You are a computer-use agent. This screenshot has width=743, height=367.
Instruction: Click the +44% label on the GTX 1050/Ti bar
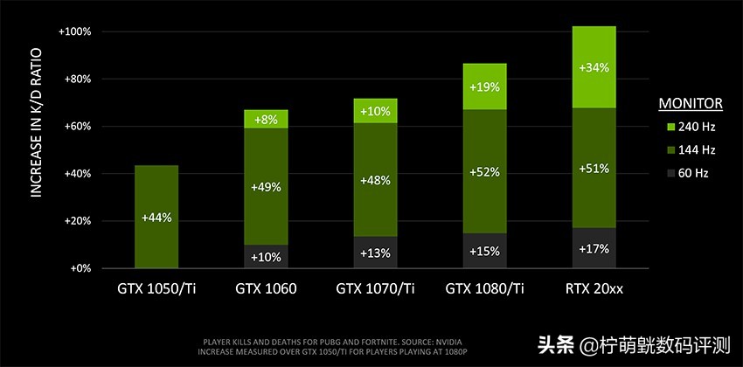click(156, 217)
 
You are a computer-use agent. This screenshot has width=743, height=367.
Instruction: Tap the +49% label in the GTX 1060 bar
click(265, 185)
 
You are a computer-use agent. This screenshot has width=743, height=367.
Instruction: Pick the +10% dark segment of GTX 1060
click(265, 257)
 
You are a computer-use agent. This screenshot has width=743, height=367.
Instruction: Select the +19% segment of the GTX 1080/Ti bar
click(483, 87)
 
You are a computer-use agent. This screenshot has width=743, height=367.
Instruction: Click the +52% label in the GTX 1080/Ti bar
click(483, 172)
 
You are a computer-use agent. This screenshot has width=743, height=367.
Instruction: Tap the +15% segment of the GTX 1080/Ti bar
click(483, 252)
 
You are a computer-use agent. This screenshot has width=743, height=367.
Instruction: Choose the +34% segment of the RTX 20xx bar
click(593, 67)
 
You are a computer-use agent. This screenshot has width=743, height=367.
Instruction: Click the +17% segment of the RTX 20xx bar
click(593, 249)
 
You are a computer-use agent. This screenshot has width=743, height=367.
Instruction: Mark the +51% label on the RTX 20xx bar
click(593, 169)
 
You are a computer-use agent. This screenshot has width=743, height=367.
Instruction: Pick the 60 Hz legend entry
click(691, 173)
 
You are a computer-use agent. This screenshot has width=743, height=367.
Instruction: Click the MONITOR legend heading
click(690, 104)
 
